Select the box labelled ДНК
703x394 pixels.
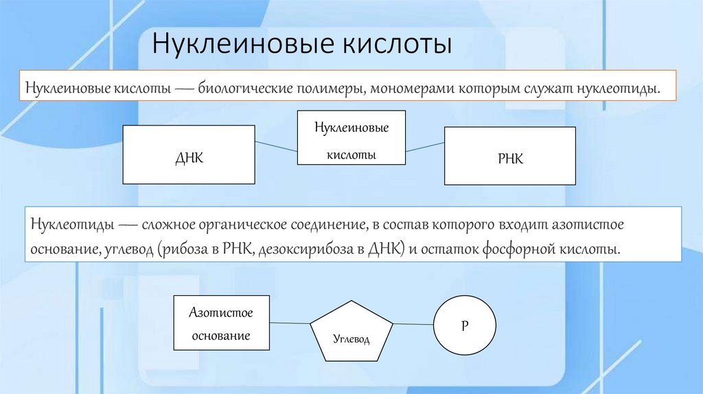click(188, 155)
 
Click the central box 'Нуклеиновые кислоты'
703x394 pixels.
click(351, 137)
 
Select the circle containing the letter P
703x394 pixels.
click(464, 326)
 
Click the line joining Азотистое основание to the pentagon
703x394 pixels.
click(290, 323)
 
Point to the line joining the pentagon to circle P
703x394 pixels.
click(413, 324)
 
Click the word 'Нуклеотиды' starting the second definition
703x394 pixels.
click(70, 225)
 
